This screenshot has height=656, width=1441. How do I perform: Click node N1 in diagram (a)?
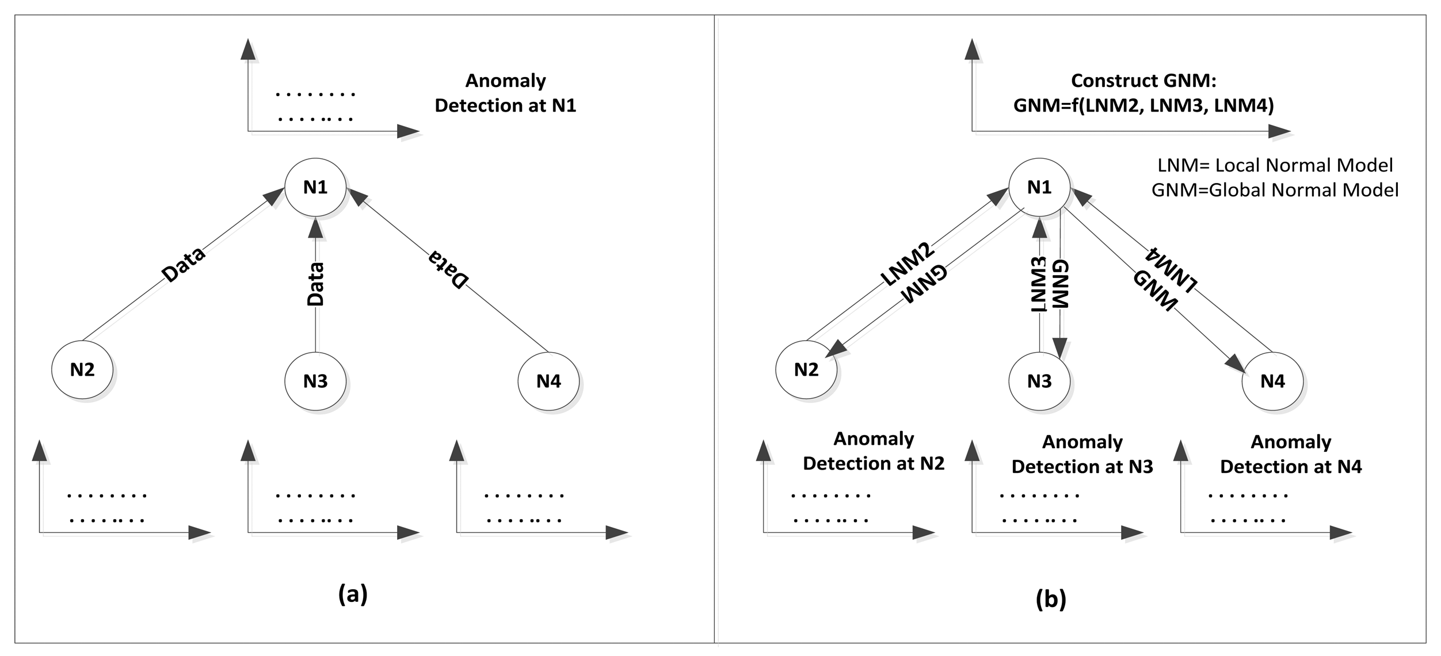(315, 187)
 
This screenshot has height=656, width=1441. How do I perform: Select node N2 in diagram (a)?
(82, 369)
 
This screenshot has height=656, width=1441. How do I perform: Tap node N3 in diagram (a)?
(315, 381)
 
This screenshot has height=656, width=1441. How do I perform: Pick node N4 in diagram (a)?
(548, 381)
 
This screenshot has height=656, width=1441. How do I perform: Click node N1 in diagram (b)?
(1039, 187)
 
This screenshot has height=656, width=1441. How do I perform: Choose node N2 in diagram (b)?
(806, 369)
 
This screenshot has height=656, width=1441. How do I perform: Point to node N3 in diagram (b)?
(1039, 381)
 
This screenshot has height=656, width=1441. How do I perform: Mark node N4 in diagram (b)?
(1272, 381)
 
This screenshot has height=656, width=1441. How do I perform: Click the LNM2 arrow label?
(907, 265)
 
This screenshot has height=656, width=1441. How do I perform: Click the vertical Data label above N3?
(315, 284)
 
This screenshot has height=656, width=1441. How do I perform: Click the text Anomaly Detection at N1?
(505, 93)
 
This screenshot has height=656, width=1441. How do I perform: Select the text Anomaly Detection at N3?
(1082, 454)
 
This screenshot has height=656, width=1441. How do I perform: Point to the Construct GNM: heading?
(1143, 81)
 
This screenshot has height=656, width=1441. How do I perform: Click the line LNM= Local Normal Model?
(1275, 166)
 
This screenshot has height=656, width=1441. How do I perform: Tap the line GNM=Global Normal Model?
(1275, 190)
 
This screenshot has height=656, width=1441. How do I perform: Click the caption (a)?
(353, 594)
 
